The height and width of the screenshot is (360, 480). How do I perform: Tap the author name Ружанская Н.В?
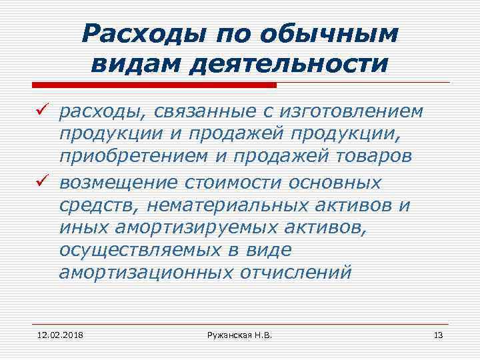click(240, 333)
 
